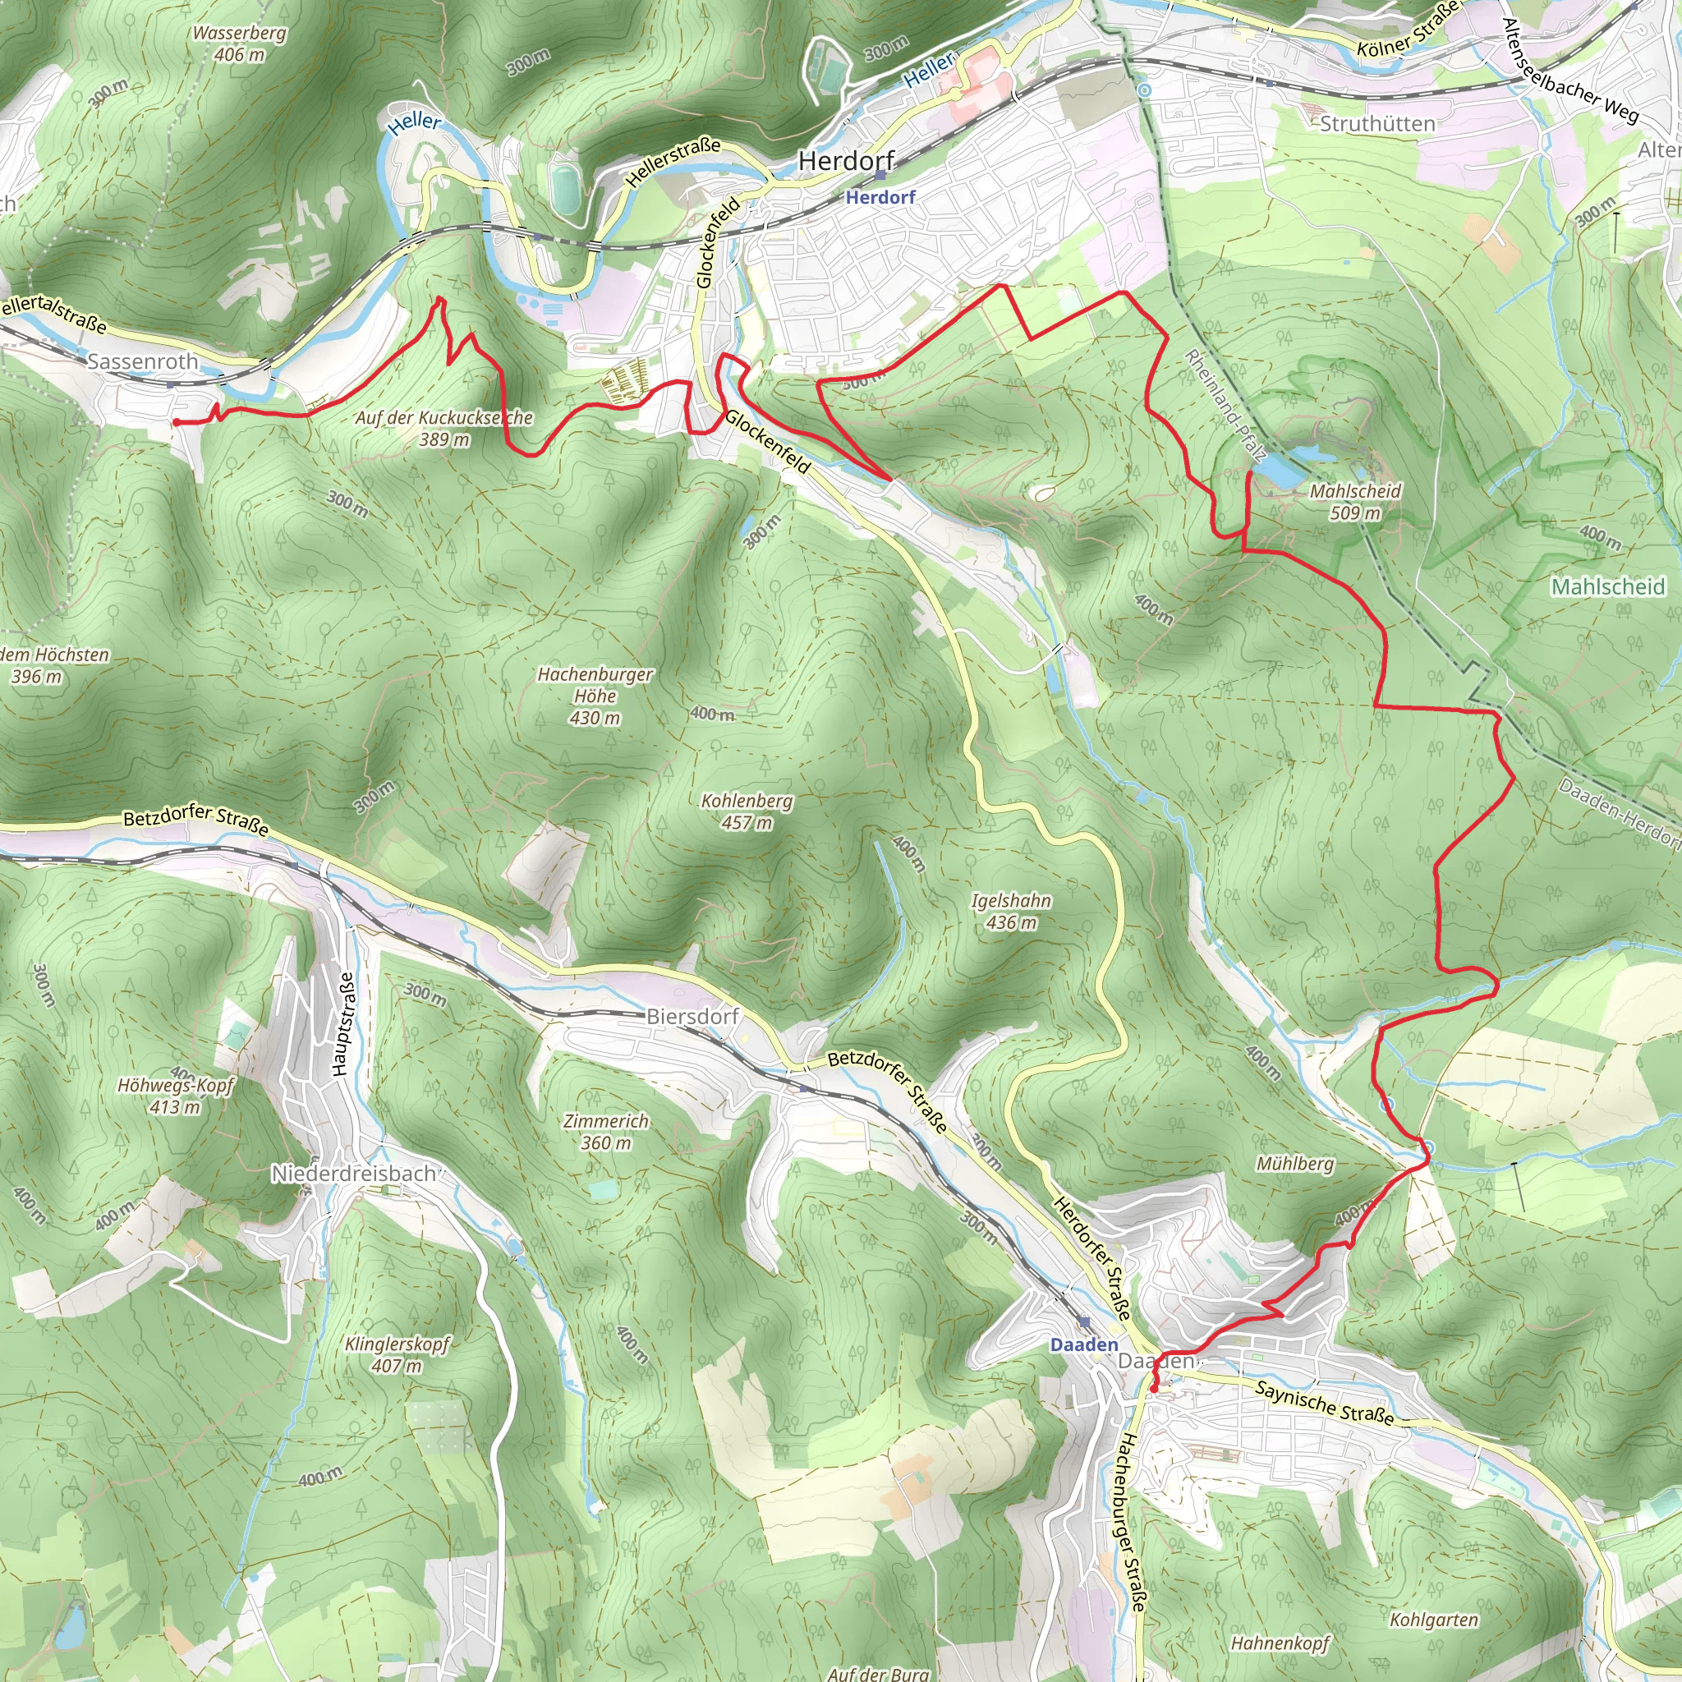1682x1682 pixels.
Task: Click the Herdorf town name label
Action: (x=846, y=161)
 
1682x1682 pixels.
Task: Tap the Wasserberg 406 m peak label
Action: (x=240, y=44)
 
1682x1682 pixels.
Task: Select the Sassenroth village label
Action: (x=143, y=361)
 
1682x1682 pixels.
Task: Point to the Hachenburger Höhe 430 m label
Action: (x=595, y=696)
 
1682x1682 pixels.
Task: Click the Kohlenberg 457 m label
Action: (x=747, y=811)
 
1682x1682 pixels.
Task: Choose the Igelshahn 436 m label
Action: (x=1011, y=911)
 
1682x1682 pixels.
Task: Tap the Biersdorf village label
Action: (x=692, y=1016)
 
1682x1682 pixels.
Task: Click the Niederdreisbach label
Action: (x=353, y=1174)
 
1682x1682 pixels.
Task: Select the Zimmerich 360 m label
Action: (x=606, y=1132)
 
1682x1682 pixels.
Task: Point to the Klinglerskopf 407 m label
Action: (x=397, y=1353)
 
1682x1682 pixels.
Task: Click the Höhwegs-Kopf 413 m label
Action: (x=176, y=1096)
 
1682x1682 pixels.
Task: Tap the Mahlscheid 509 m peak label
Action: (x=1354, y=502)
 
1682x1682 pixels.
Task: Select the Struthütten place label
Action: (x=1377, y=125)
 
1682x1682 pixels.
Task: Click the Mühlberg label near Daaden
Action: (x=1294, y=1164)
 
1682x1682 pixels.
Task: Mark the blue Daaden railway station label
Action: (x=1084, y=1344)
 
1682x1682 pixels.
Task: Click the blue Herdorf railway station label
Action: (x=880, y=198)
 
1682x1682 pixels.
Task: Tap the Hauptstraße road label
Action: (x=346, y=1024)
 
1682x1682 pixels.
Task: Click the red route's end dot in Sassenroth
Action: (x=176, y=422)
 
